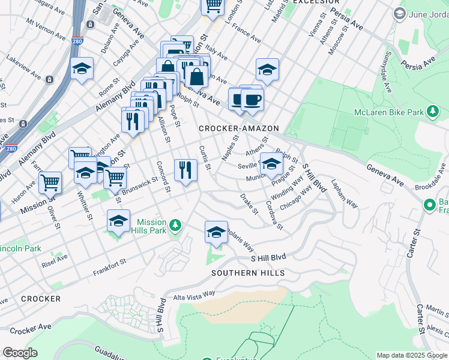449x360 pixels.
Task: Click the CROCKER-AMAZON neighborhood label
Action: point(239,128)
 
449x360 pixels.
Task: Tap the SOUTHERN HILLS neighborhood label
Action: point(247,273)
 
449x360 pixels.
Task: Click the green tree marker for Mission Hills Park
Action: point(175,226)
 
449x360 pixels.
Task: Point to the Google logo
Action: point(20,353)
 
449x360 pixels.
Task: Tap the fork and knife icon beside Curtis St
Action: point(185,170)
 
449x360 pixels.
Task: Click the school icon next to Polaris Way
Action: point(217,233)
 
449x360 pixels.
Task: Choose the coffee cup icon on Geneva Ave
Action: point(252,100)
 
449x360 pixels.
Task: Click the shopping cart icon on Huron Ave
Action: point(50,182)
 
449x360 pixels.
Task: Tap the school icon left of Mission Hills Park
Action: point(118,222)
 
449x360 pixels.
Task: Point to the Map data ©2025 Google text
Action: point(411,355)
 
